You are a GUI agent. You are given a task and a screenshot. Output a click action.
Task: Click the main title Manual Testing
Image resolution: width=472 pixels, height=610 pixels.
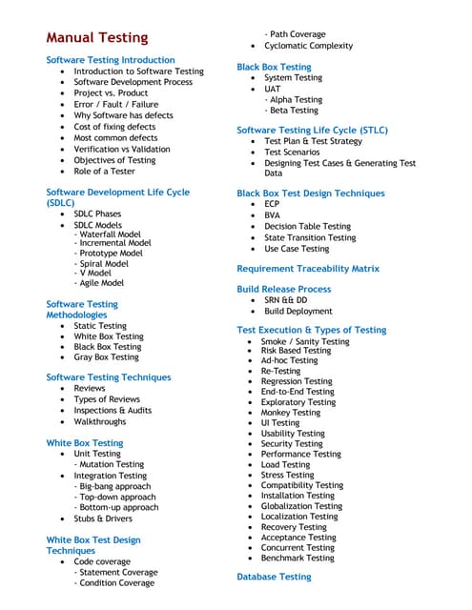coord(97,38)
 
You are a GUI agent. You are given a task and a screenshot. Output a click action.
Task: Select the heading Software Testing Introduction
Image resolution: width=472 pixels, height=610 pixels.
coord(111,60)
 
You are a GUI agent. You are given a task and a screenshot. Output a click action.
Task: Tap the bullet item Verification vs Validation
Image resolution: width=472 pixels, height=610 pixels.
coord(122,149)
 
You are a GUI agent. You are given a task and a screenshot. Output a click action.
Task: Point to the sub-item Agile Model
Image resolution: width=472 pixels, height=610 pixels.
coord(101,283)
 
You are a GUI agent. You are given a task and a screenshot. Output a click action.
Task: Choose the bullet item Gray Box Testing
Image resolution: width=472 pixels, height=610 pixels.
coord(106,357)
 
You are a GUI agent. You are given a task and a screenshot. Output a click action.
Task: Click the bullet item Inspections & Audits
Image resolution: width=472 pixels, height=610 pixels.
coord(113,411)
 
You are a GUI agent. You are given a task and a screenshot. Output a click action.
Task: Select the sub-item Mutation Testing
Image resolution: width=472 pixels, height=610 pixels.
coord(112,465)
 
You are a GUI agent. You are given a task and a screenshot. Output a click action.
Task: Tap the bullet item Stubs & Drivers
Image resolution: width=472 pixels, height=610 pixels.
coord(103,518)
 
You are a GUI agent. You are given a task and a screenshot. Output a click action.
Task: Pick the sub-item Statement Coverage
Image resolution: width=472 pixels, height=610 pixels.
coord(117,573)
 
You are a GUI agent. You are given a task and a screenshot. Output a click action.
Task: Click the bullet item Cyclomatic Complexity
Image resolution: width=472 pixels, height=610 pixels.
coord(308,46)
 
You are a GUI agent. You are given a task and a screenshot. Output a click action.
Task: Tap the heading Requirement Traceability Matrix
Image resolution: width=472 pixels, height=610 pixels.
coord(307,269)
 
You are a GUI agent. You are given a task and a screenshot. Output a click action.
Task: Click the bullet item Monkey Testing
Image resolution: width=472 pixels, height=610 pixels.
coord(298,413)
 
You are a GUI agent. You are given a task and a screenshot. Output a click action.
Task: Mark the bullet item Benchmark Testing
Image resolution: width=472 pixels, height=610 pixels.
coord(300,559)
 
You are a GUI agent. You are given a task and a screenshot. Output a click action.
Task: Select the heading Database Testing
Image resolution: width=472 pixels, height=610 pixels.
coord(274,577)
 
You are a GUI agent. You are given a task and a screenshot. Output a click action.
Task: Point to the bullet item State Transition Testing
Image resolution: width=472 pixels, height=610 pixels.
coord(310,237)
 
